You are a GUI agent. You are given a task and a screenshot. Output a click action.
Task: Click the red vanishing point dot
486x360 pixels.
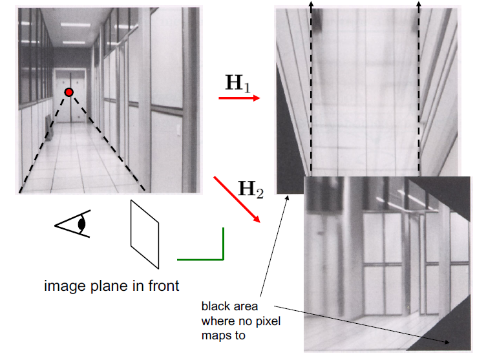point(69,92)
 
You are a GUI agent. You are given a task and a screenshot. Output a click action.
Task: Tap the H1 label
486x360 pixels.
point(237,83)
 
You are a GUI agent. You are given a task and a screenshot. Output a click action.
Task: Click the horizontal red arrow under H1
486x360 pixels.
point(238,98)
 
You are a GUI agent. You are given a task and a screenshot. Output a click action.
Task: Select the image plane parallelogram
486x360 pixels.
point(145,234)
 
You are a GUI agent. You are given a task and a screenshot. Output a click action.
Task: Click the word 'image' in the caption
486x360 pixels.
point(61,285)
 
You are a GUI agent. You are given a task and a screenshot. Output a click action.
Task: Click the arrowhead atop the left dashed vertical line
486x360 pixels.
point(312,5)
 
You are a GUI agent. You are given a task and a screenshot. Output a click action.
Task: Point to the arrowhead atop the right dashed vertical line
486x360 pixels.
point(419,5)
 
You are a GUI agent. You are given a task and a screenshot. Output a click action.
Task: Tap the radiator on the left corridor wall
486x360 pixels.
point(48,124)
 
